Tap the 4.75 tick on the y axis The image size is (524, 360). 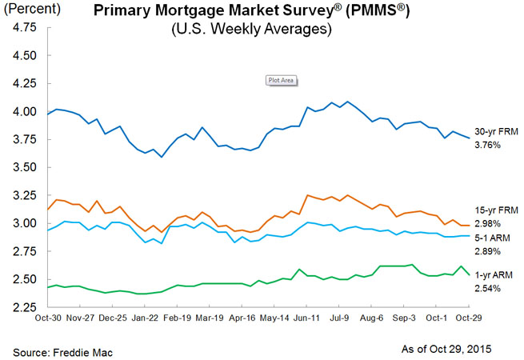click(x=24, y=26)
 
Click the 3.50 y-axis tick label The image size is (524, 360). click(x=24, y=167)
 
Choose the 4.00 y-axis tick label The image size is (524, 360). click(x=24, y=111)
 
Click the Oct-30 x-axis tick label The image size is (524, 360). click(x=50, y=318)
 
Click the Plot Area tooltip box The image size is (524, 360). click(x=281, y=81)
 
